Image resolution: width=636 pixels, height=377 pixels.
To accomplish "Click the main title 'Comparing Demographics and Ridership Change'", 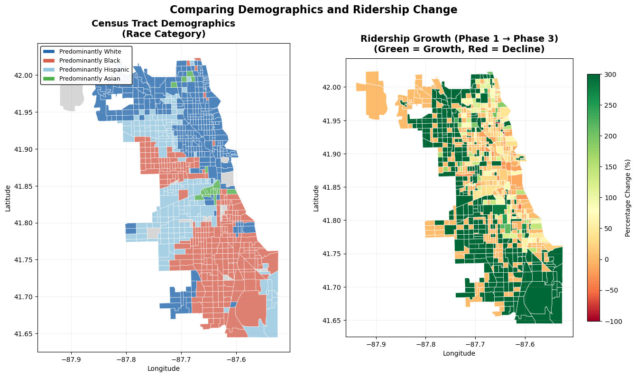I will [313, 10].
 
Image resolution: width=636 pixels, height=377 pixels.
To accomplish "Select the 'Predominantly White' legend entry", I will [90, 51].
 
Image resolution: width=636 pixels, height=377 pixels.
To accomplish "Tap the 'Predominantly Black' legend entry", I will [90, 60].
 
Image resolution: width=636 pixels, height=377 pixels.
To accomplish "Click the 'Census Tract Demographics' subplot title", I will [163, 28].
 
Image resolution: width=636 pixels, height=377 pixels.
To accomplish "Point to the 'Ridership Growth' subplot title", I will [459, 44].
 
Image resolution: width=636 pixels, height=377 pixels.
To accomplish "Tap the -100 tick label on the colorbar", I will [611, 322].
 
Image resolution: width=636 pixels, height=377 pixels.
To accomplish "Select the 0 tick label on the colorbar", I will [607, 259].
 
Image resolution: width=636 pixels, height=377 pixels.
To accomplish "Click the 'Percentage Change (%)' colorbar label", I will [628, 198].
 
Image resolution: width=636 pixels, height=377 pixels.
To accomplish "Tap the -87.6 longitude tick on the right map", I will [525, 344].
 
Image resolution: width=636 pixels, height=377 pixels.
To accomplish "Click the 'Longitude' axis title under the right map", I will [459, 353].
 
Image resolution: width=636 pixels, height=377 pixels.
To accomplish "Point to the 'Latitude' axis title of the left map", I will [8, 198].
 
